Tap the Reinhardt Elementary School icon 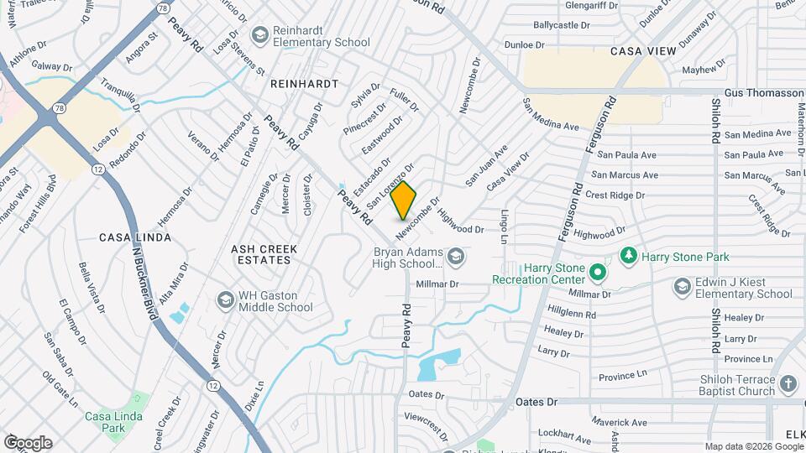[x=260, y=34]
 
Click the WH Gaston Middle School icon [x=225, y=299]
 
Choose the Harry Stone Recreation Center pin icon [x=597, y=272]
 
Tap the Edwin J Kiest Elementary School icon [x=683, y=287]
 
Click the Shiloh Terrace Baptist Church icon [x=788, y=384]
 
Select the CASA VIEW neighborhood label [x=643, y=51]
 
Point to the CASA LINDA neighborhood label [x=135, y=237]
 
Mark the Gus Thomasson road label [x=763, y=92]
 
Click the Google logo [x=28, y=443]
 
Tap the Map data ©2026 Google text [x=752, y=446]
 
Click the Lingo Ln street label [x=505, y=227]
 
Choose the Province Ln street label [x=623, y=376]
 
